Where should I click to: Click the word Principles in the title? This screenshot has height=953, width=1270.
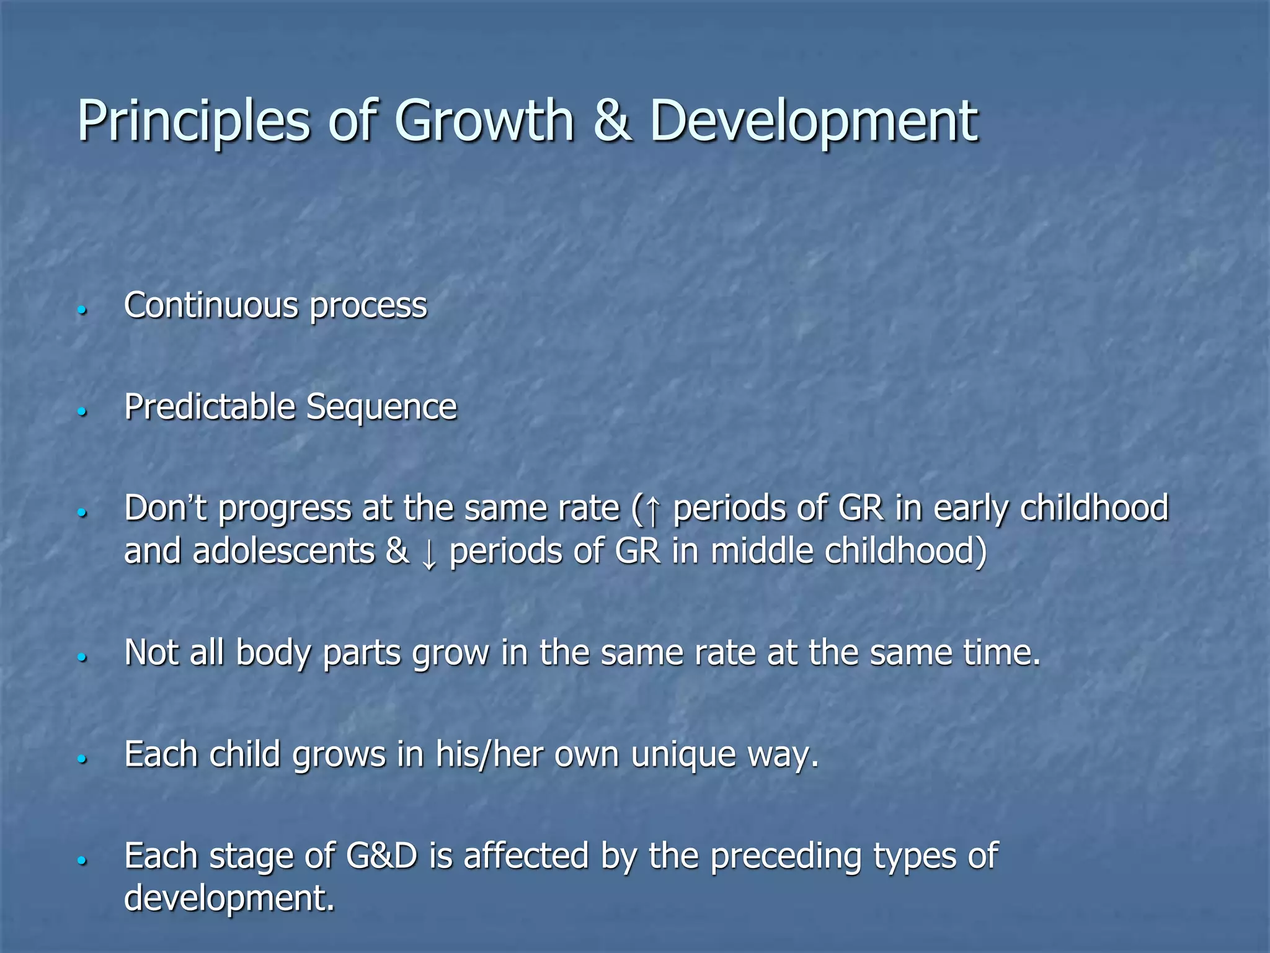(193, 121)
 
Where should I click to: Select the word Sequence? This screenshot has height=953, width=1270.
(381, 408)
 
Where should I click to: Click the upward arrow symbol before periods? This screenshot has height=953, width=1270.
(652, 509)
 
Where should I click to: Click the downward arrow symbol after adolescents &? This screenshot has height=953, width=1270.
(429, 553)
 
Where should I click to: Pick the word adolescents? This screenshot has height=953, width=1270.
(283, 551)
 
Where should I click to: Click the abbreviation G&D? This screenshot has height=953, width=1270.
(381, 856)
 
